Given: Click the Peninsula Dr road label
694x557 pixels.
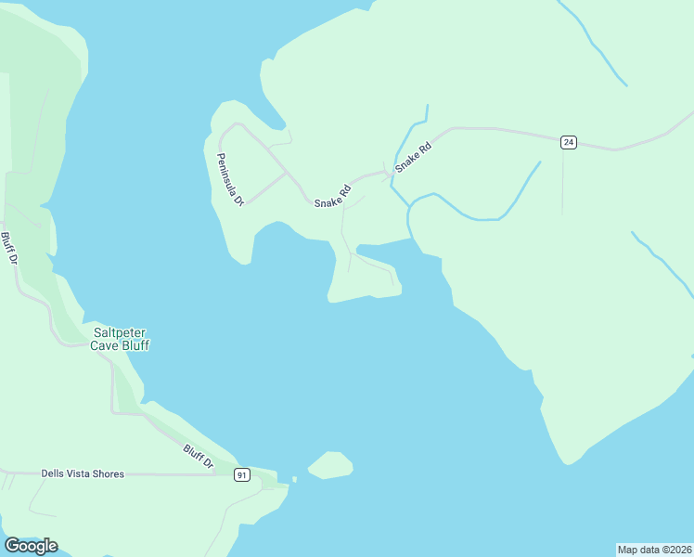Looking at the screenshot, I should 230,179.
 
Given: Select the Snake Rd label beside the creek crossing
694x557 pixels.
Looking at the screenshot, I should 414,157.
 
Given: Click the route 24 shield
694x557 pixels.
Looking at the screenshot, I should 569,142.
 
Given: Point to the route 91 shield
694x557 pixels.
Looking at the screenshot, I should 241,474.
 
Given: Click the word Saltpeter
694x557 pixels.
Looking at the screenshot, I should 120,332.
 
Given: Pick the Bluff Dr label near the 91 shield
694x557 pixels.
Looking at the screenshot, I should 198,456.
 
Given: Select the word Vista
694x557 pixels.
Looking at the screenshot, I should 84,473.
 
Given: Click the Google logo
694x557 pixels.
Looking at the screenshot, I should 31,546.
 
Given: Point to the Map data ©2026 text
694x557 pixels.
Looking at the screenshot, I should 654,550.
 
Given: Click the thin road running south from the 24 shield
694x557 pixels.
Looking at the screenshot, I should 562,181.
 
